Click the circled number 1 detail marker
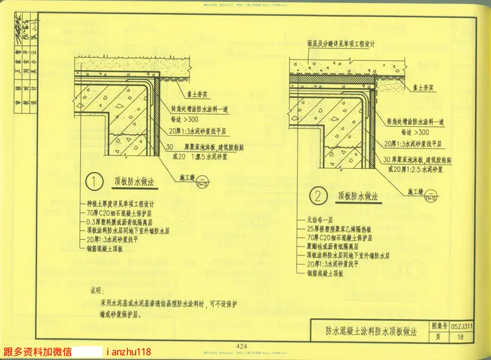[x=93, y=182]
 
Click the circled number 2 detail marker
[x=319, y=197]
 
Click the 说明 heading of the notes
[x=98, y=291]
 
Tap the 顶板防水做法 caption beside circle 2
[x=357, y=196]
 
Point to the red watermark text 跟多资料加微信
[x=37, y=353]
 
